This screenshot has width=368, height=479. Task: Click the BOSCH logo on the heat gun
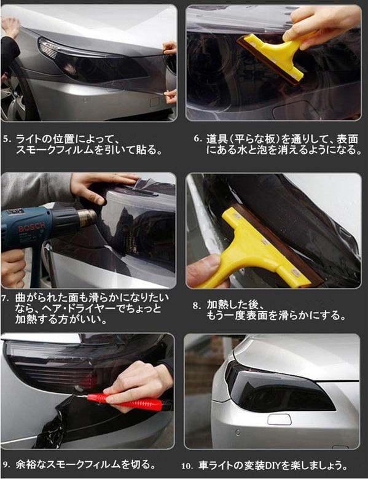click(28, 228)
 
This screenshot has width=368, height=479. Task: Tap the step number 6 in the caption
click(198, 139)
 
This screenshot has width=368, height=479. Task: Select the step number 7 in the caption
click(5, 298)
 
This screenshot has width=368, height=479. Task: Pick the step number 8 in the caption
click(195, 305)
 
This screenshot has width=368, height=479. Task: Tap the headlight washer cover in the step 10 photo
click(279, 419)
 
